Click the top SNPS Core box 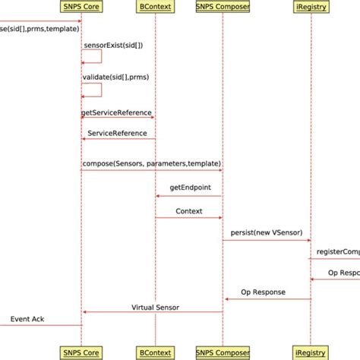click(82, 8)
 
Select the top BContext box click(155, 8)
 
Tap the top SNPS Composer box click(223, 8)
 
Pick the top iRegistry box click(311, 8)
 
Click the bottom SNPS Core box click(82, 352)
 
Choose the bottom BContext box click(155, 352)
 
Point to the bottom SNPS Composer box click(223, 352)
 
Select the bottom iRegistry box click(311, 352)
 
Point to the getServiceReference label click(116, 112)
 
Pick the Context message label click(189, 211)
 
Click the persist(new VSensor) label click(265, 229)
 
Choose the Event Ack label click(27, 319)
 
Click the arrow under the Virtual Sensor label click(152, 312)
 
